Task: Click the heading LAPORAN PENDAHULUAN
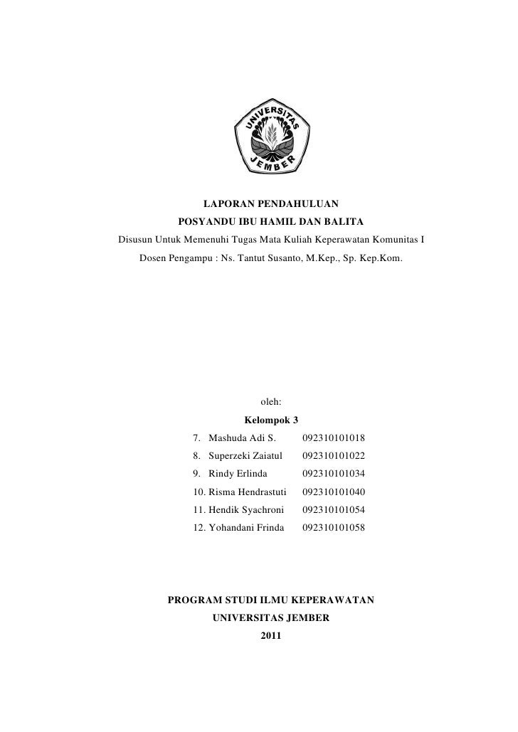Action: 270,204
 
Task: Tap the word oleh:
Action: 271,403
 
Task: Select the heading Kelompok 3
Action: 270,420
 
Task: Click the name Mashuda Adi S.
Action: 242,438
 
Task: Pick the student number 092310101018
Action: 334,438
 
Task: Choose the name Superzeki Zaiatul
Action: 246,456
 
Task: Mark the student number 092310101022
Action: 334,456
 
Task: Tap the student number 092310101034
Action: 334,474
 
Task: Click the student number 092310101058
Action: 334,527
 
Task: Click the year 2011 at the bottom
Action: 271,635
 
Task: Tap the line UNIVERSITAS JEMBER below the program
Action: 271,618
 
